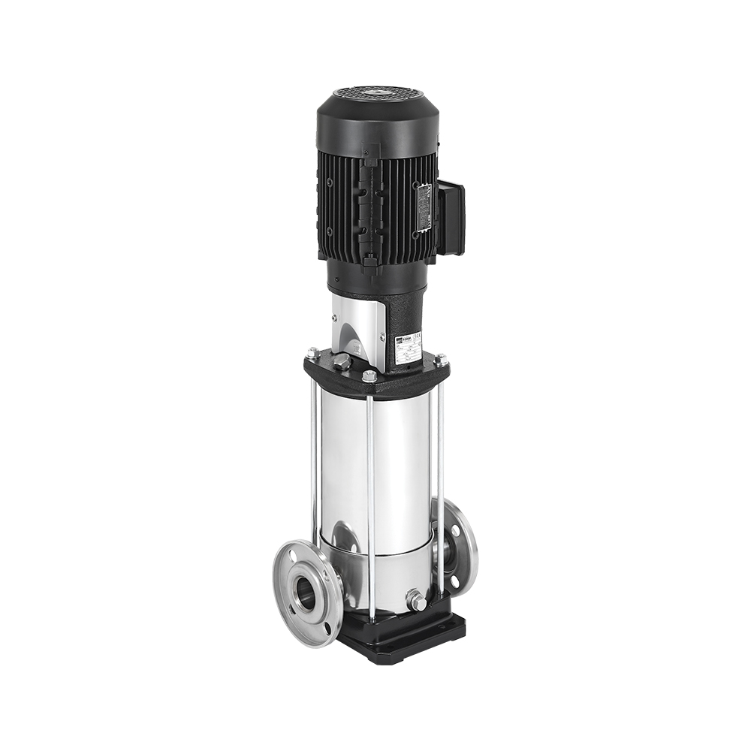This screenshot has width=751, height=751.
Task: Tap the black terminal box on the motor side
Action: pyautogui.click(x=451, y=218)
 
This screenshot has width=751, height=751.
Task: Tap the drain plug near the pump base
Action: pyautogui.click(x=416, y=601)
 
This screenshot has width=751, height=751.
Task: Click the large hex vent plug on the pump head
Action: pyautogui.click(x=342, y=362)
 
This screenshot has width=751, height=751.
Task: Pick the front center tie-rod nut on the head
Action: pyautogui.click(x=369, y=375)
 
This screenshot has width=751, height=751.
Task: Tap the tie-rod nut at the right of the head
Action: pyautogui.click(x=440, y=360)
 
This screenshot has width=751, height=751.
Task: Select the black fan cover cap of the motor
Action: pyautogui.click(x=375, y=124)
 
